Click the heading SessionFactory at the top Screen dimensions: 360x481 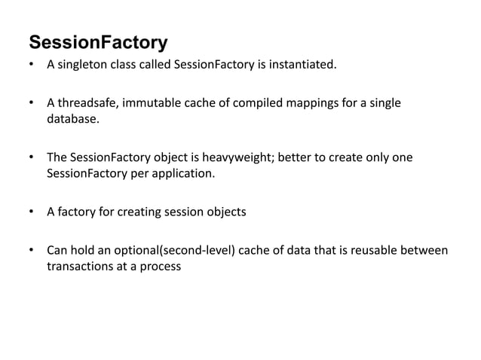point(98,41)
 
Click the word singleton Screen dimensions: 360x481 point(81,65)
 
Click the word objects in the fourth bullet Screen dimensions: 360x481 point(226,212)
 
